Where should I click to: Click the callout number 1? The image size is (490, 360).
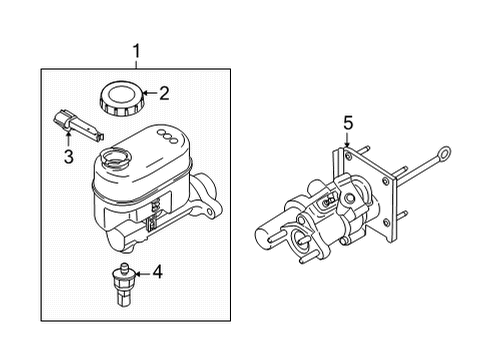pyautogui.click(x=136, y=50)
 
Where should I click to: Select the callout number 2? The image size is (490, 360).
pyautogui.click(x=164, y=95)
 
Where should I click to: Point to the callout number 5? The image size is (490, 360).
pyautogui.click(x=347, y=123)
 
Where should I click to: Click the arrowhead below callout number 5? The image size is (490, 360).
pyautogui.click(x=347, y=144)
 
